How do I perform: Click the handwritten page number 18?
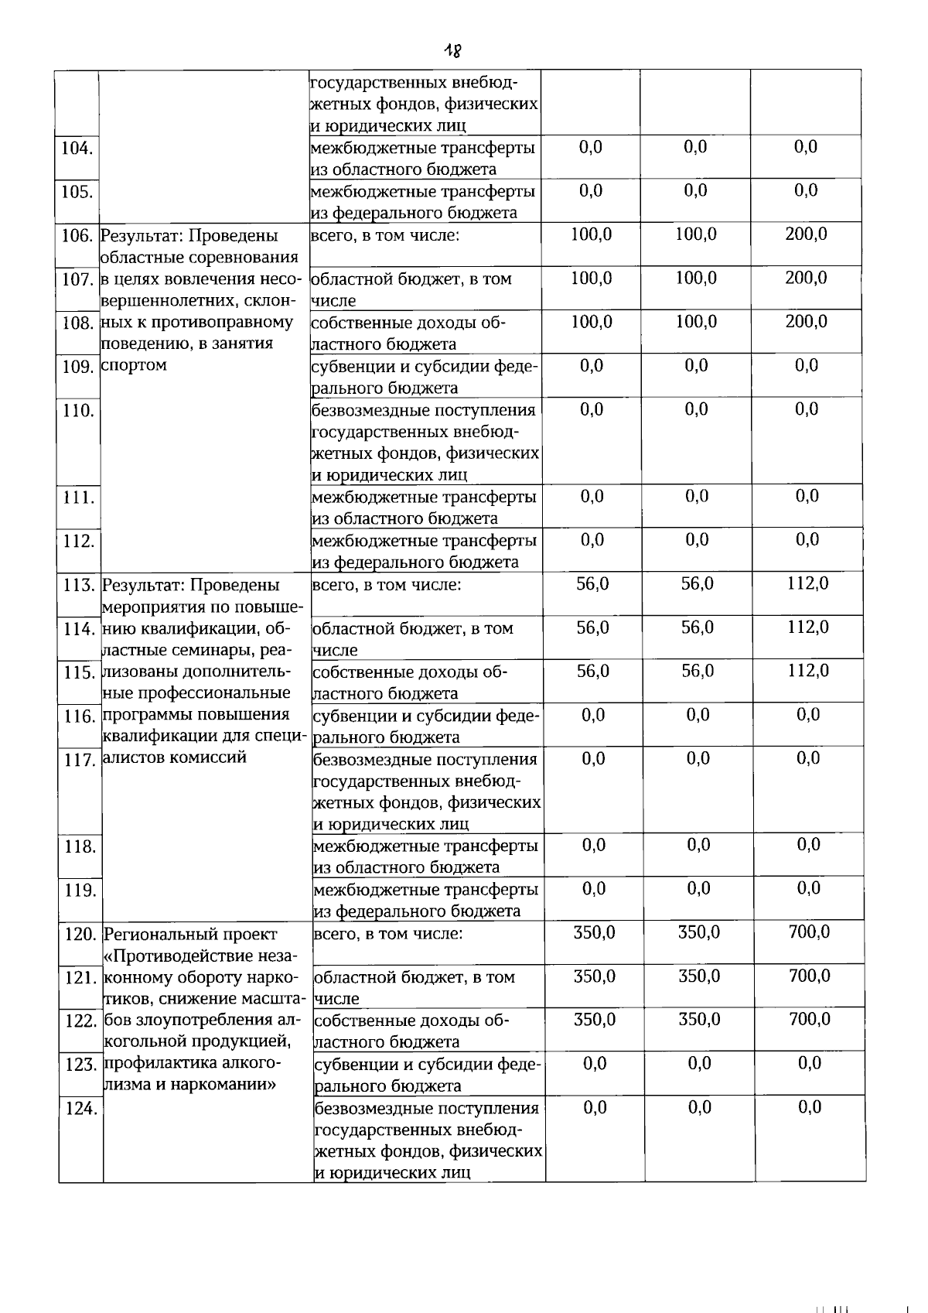point(452,51)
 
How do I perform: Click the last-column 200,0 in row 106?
point(806,234)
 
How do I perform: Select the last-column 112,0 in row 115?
point(808,671)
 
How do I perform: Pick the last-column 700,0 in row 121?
point(810,976)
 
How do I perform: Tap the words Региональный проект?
point(190,935)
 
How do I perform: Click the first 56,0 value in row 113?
point(592,584)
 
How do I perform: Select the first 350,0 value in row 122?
point(595,1020)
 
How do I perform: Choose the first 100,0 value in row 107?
point(592,278)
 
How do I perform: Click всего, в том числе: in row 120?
point(389,934)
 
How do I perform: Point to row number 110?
point(77,411)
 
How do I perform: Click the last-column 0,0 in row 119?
point(809,888)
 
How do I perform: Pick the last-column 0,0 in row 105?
point(806,190)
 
